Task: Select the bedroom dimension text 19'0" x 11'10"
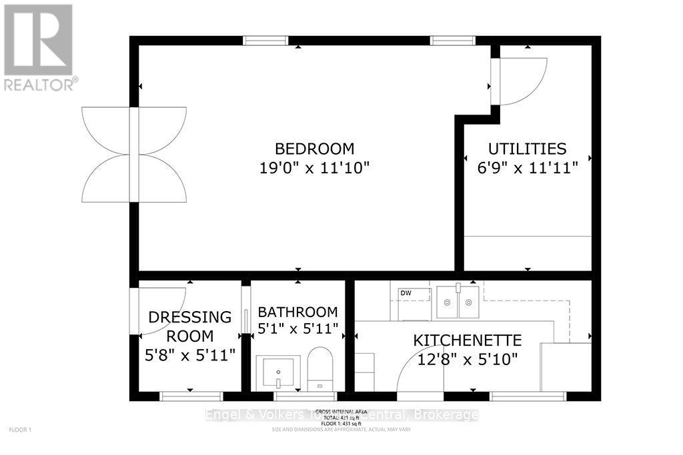click(x=314, y=168)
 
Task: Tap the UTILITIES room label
click(x=527, y=149)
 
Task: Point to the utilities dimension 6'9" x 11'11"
click(x=527, y=168)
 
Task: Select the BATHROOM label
click(x=297, y=312)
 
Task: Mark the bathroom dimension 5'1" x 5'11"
click(x=297, y=329)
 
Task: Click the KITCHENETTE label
click(x=468, y=340)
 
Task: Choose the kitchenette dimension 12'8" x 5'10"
click(x=468, y=359)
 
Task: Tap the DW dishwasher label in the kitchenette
click(x=406, y=293)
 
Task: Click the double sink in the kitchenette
click(x=458, y=302)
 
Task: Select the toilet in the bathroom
click(x=319, y=369)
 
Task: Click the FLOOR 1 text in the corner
click(x=20, y=430)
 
